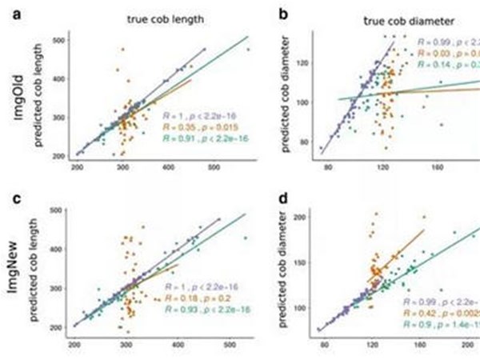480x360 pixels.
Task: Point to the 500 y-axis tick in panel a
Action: point(58,39)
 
